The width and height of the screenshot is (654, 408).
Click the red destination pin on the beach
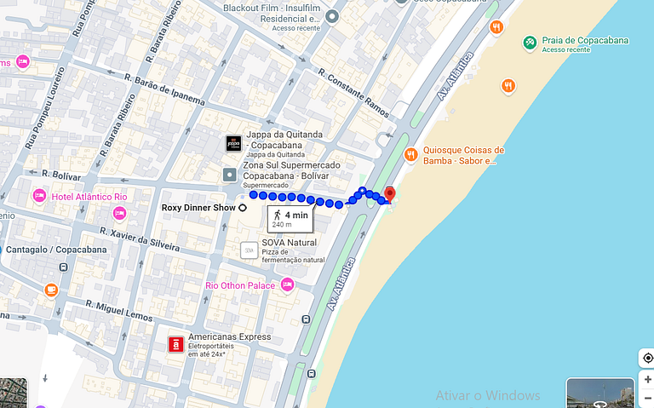(x=390, y=193)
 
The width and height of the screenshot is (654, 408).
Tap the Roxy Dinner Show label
(x=199, y=207)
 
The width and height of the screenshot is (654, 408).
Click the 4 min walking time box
(x=290, y=219)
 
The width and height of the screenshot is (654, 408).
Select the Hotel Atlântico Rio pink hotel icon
(x=39, y=197)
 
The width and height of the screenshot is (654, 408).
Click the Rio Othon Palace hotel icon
(x=287, y=284)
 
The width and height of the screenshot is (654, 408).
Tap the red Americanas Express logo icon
(x=175, y=344)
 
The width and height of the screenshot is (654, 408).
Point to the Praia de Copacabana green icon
(x=530, y=42)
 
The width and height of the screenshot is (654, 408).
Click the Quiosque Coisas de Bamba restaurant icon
(x=410, y=154)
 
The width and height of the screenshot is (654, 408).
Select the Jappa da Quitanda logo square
(x=232, y=144)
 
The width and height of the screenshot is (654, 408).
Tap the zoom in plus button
(x=647, y=379)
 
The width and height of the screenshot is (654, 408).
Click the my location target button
(x=647, y=358)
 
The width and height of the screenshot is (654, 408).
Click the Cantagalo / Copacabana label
(x=56, y=250)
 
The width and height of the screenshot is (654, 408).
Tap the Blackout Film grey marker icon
(x=332, y=16)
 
